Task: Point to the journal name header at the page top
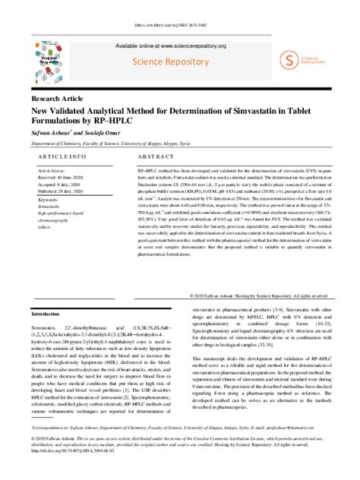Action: pos(179,25)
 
